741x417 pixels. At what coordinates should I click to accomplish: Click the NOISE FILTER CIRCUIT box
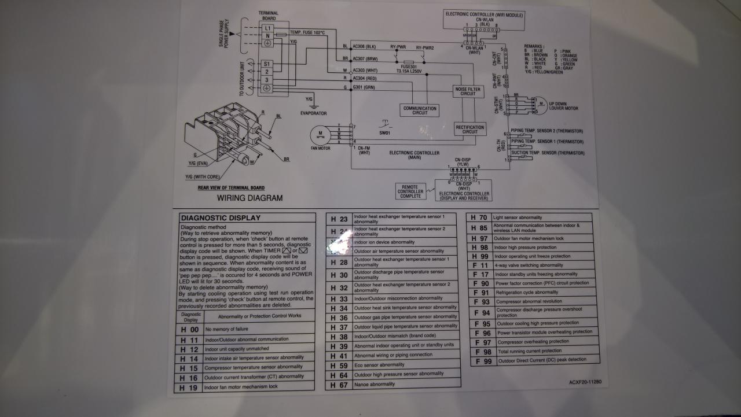[468, 91]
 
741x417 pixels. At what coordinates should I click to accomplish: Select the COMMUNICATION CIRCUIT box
[420, 110]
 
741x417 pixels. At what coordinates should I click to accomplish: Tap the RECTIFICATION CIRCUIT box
[469, 129]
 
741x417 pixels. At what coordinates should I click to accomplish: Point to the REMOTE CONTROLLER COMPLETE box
[411, 191]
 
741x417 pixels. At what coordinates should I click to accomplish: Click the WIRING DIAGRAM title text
[250, 198]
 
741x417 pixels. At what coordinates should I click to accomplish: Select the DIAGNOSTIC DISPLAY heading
[221, 218]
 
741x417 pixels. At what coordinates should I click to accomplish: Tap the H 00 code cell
[189, 329]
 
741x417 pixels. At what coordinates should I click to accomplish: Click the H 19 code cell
[189, 386]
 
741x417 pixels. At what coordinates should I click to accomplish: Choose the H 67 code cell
[339, 384]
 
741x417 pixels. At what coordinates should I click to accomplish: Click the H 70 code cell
[479, 217]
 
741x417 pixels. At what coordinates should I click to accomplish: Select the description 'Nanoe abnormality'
[375, 384]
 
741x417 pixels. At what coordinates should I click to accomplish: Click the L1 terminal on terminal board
[267, 28]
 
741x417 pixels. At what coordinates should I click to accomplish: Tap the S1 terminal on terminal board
[267, 64]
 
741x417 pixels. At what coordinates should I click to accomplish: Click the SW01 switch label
[385, 134]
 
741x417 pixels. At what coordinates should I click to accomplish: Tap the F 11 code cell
[480, 265]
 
